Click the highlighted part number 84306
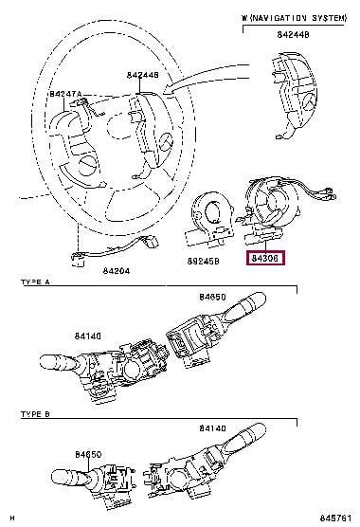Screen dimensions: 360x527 pos(265,258)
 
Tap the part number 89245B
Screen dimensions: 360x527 pos(203,261)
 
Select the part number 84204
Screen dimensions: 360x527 pos(116,270)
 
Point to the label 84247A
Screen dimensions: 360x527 pos(65,94)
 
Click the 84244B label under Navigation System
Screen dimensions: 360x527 pos(293,34)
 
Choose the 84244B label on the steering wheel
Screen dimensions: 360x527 pos(143,75)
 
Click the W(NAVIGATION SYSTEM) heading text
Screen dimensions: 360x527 pos(294,18)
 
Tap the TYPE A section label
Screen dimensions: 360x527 pos(35,282)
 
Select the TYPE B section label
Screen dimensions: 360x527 pos(35,414)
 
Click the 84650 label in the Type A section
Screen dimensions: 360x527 pos(212,297)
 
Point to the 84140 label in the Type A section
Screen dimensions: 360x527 pos(88,336)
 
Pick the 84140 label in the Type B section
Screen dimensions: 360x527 pos(212,428)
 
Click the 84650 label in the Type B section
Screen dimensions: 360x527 pos(88,454)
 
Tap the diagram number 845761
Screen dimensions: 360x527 pos(335,518)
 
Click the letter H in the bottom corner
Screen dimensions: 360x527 pos(12,518)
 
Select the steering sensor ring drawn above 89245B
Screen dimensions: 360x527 pos(207,219)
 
